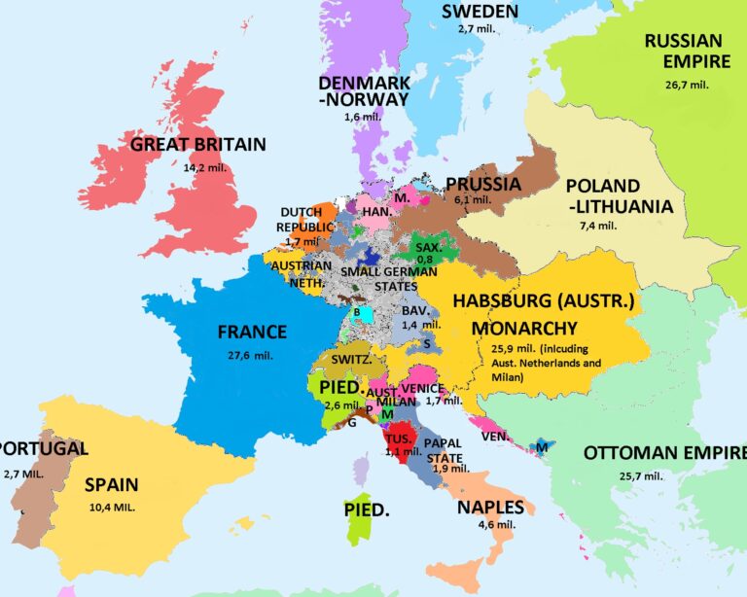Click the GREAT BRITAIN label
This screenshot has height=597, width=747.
coord(197,145)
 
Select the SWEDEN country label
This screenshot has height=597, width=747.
coord(480,12)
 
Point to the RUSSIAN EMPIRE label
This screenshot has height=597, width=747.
coord(683,53)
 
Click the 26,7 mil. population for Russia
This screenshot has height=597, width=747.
coord(686,85)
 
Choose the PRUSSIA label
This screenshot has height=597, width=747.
coord(483,183)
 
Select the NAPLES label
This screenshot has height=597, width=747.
coord(490,508)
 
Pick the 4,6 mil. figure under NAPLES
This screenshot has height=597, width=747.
coord(493,526)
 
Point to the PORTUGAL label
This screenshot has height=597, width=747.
coord(44,449)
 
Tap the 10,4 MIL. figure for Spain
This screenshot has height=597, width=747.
coord(111,508)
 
